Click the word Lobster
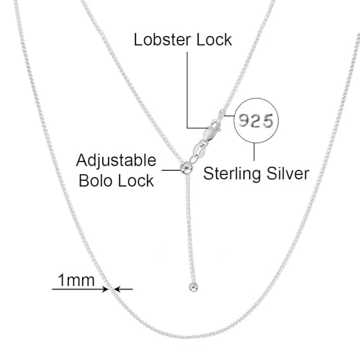[x=162, y=40]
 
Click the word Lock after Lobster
[x=214, y=40]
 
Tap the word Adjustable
[x=116, y=161]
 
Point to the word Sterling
[x=232, y=174]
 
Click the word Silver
[x=288, y=174]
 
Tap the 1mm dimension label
[x=76, y=280]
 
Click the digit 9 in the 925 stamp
[x=243, y=120]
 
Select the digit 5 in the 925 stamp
[x=268, y=121]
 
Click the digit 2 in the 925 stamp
[x=256, y=120]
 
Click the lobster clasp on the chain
[x=211, y=131]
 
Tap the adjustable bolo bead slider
[x=186, y=168]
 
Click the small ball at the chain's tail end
[x=193, y=287]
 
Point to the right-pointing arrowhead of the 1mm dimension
[x=105, y=289]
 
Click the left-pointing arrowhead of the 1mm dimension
[x=117, y=289]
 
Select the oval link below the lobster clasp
[x=199, y=150]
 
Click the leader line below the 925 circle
[x=254, y=152]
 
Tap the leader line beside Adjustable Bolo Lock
[x=171, y=170]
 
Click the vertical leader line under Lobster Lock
[x=187, y=90]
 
